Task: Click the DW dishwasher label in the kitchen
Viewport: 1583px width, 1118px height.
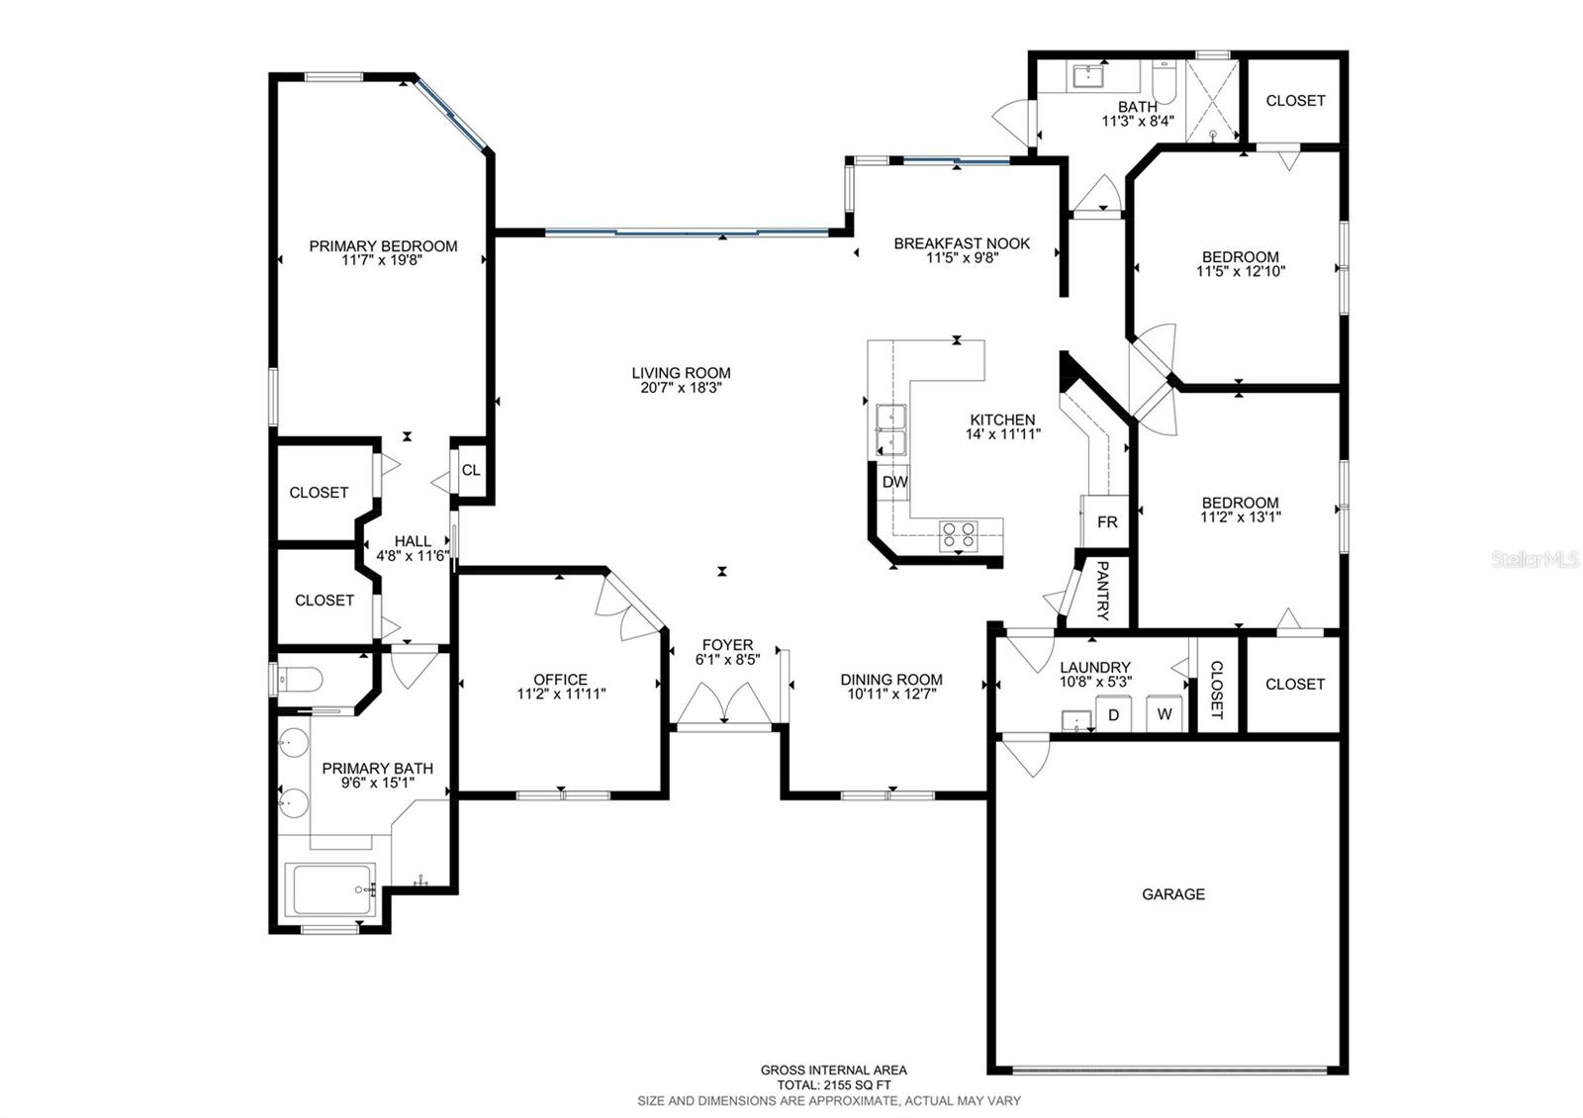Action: [894, 483]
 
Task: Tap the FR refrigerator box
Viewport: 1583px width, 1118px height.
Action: [1106, 521]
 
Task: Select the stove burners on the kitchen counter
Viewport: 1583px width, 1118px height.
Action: [958, 534]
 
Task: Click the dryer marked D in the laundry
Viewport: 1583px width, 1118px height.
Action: [1113, 713]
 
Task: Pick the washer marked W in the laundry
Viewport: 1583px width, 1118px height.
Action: [1164, 713]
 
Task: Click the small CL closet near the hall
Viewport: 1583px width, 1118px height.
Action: [471, 470]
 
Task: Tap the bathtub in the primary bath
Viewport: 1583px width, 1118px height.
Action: [330, 889]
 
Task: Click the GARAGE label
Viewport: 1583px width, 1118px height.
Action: [1173, 894]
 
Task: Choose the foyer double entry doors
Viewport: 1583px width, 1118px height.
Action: [725, 705]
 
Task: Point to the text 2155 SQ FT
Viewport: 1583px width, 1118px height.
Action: [833, 1084]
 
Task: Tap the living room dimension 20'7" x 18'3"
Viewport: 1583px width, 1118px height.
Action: [681, 388]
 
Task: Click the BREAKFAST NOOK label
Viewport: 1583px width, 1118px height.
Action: [962, 243]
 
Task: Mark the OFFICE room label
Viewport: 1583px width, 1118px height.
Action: [560, 680]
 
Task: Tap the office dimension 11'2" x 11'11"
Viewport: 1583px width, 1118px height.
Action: [560, 695]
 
